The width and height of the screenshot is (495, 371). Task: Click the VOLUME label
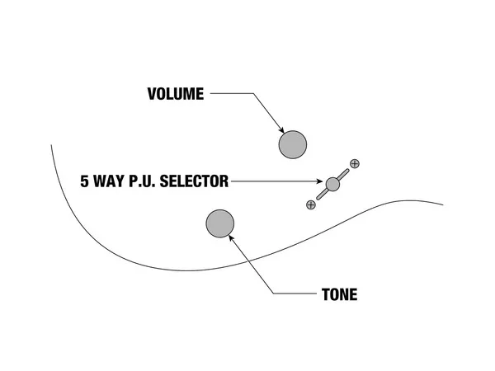(x=175, y=94)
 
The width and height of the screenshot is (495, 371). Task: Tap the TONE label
(x=339, y=294)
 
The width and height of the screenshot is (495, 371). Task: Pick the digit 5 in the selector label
(x=84, y=181)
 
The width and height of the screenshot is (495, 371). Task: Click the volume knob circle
(x=292, y=145)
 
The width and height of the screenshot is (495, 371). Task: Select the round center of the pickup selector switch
(x=332, y=183)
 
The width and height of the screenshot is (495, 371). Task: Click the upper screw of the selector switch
(x=355, y=163)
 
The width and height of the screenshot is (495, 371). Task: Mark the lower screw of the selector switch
(x=310, y=204)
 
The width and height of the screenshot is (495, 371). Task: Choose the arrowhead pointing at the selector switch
(x=321, y=181)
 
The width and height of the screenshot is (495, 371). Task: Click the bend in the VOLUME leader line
(x=252, y=94)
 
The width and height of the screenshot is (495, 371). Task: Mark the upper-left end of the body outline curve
(x=51, y=145)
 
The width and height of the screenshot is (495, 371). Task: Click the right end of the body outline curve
(x=443, y=204)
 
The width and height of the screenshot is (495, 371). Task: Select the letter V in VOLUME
(x=151, y=94)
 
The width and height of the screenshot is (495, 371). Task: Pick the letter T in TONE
(x=325, y=294)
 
